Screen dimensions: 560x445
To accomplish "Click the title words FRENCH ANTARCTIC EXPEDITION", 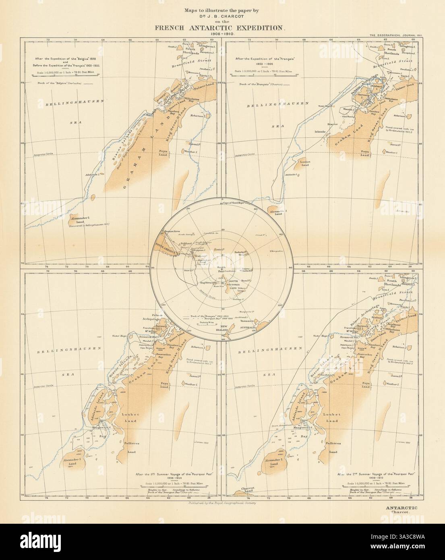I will click(222, 28).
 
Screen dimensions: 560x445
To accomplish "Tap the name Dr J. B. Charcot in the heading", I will click(222, 17).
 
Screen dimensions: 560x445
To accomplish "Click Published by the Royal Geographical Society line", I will click(222, 503).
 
